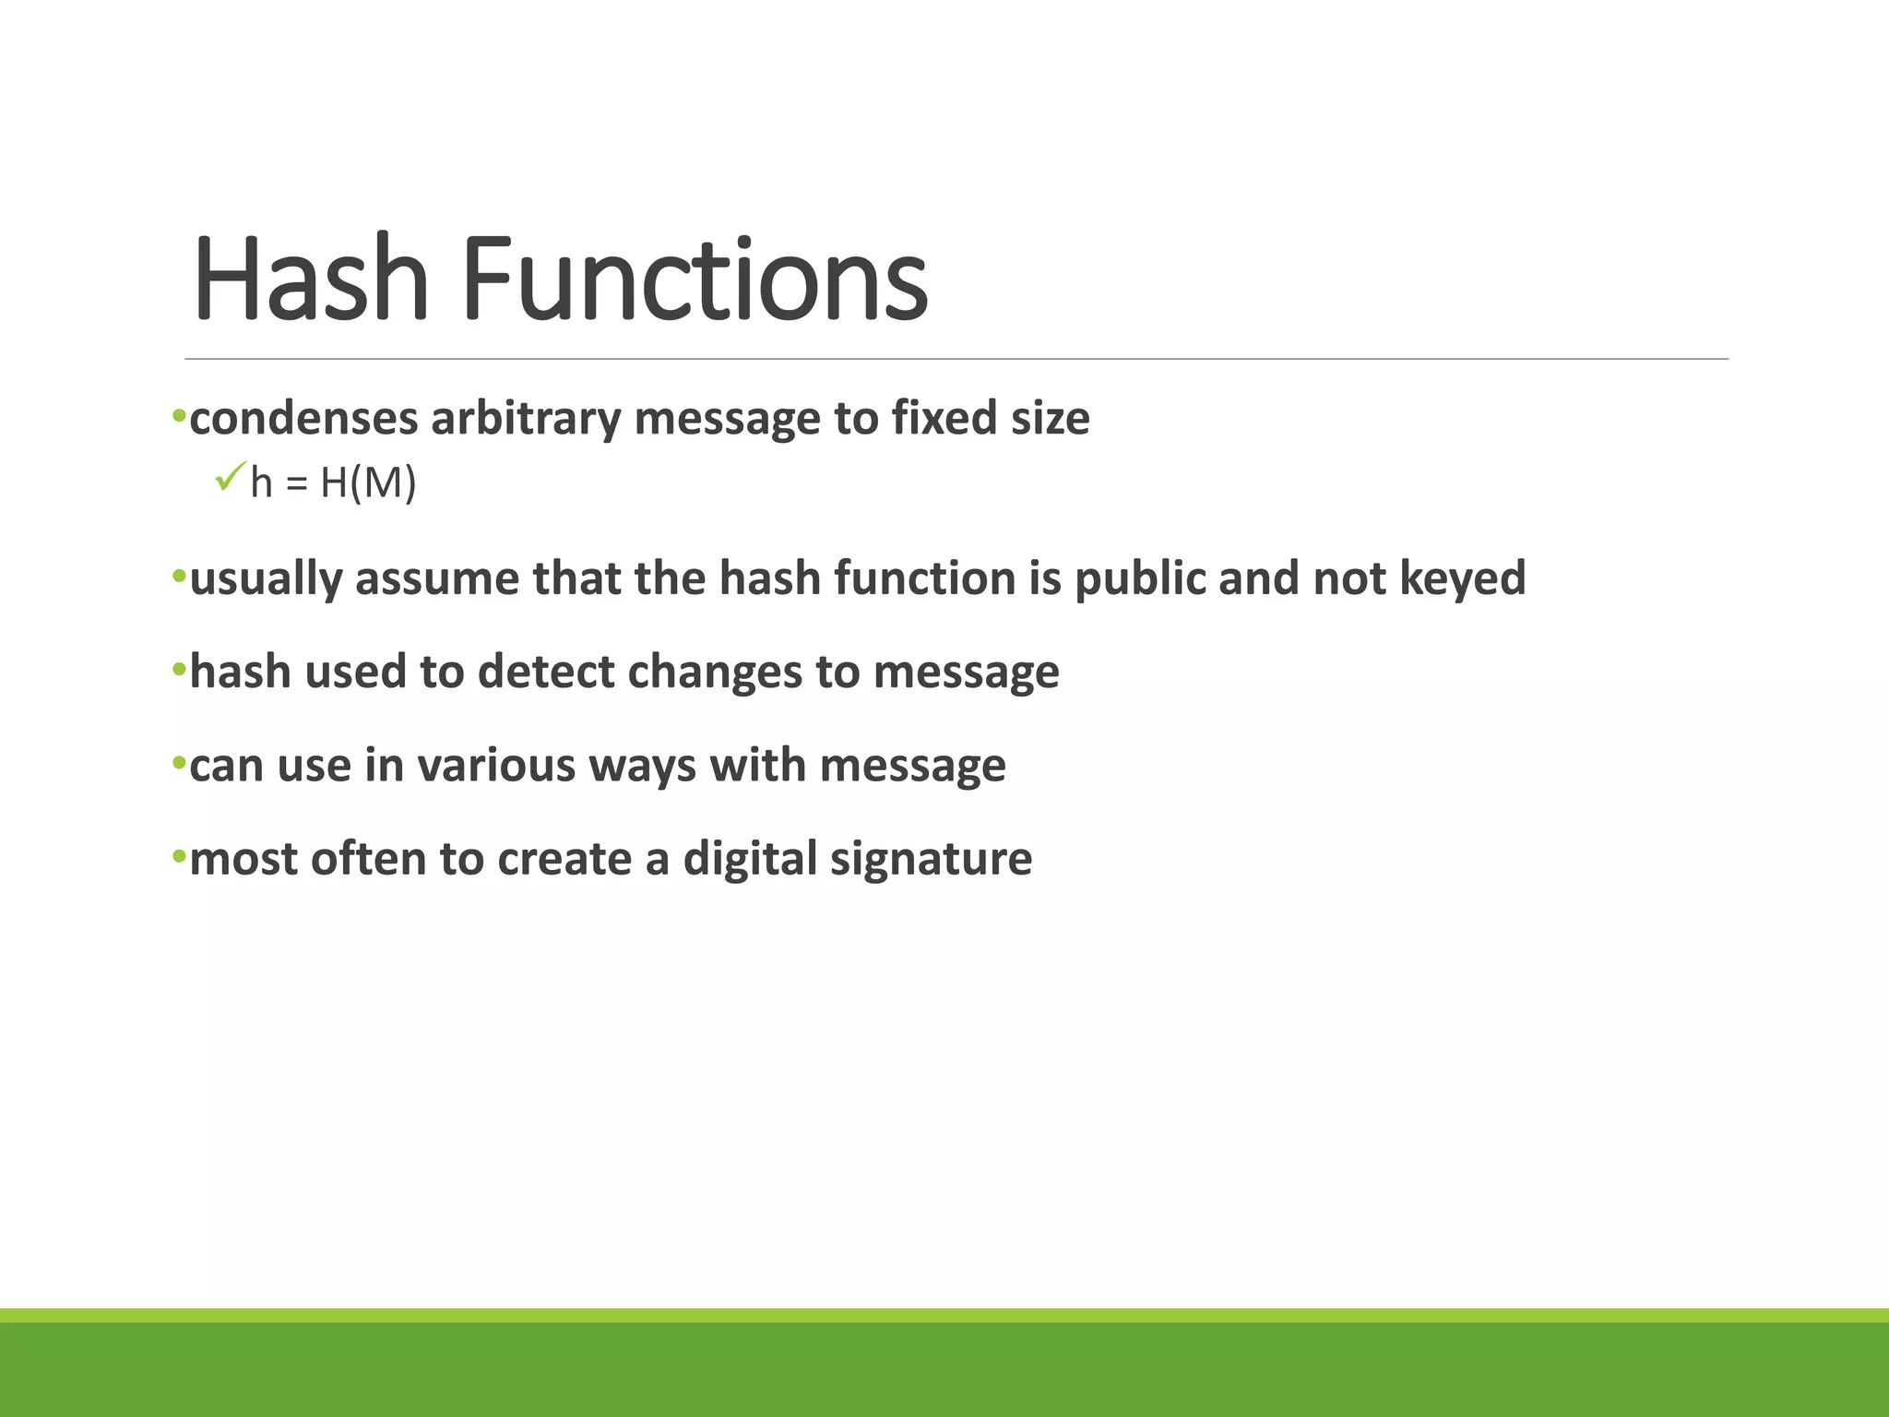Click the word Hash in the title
click(x=311, y=279)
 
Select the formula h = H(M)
click(x=333, y=482)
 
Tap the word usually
click(x=266, y=579)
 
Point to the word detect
click(x=545, y=672)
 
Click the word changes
click(x=715, y=672)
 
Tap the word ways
click(x=642, y=766)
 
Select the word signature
click(x=931, y=859)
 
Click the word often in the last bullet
click(x=368, y=859)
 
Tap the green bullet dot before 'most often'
click(x=179, y=858)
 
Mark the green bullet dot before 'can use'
click(x=179, y=764)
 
